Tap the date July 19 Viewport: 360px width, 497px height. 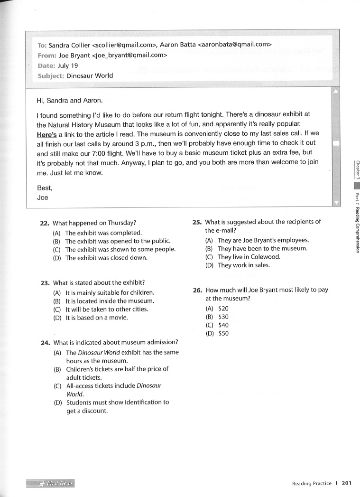click(67, 66)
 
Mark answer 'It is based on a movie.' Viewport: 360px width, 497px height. click(97, 318)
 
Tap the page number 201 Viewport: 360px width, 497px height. click(346, 484)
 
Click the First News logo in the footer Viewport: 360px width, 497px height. click(51, 483)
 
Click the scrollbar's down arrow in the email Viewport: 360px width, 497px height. click(337, 203)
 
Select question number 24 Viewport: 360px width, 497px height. click(46, 342)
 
